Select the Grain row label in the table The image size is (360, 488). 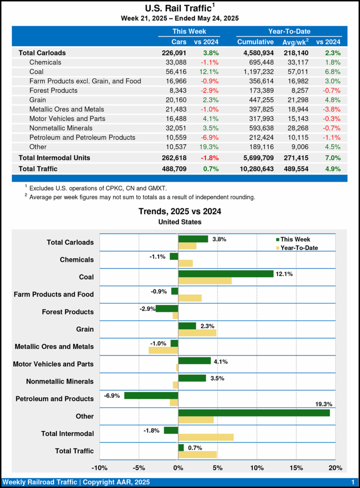(x=38, y=100)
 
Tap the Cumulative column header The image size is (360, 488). (x=255, y=42)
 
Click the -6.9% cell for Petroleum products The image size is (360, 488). (x=209, y=137)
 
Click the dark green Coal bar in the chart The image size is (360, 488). (x=226, y=274)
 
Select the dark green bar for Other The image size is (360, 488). (x=254, y=413)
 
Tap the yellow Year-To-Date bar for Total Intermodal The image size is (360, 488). (x=206, y=437)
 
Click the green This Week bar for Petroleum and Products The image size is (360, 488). (x=151, y=395)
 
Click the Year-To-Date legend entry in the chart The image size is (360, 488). (x=298, y=248)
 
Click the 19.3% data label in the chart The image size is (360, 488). (x=322, y=404)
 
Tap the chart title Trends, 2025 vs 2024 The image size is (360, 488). (x=180, y=211)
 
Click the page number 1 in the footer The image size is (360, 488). (x=352, y=482)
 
